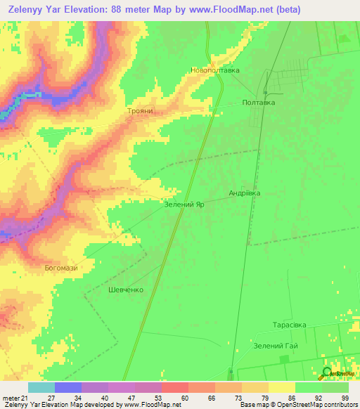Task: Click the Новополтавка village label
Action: pos(215,70)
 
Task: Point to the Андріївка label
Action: pos(244,193)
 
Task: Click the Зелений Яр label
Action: pos(184,204)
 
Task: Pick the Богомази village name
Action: pos(60,268)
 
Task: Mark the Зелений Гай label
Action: pos(276,346)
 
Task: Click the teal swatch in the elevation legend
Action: pos(41,387)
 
